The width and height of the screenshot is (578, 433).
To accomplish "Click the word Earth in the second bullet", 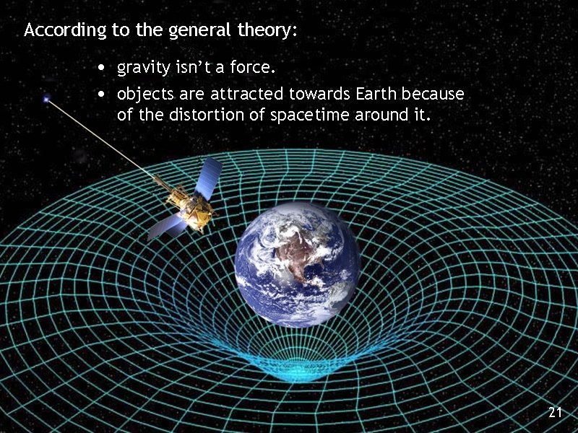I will tap(375, 94).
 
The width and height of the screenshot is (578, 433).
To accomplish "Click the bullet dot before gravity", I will tap(103, 69).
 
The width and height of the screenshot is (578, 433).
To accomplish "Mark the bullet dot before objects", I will tap(103, 95).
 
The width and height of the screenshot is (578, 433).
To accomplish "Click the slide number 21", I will tap(555, 412).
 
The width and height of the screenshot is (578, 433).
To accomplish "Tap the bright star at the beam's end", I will tap(47, 99).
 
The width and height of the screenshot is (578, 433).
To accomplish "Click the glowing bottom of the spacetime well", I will tap(299, 372).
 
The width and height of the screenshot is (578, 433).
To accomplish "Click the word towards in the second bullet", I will tap(315, 94).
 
